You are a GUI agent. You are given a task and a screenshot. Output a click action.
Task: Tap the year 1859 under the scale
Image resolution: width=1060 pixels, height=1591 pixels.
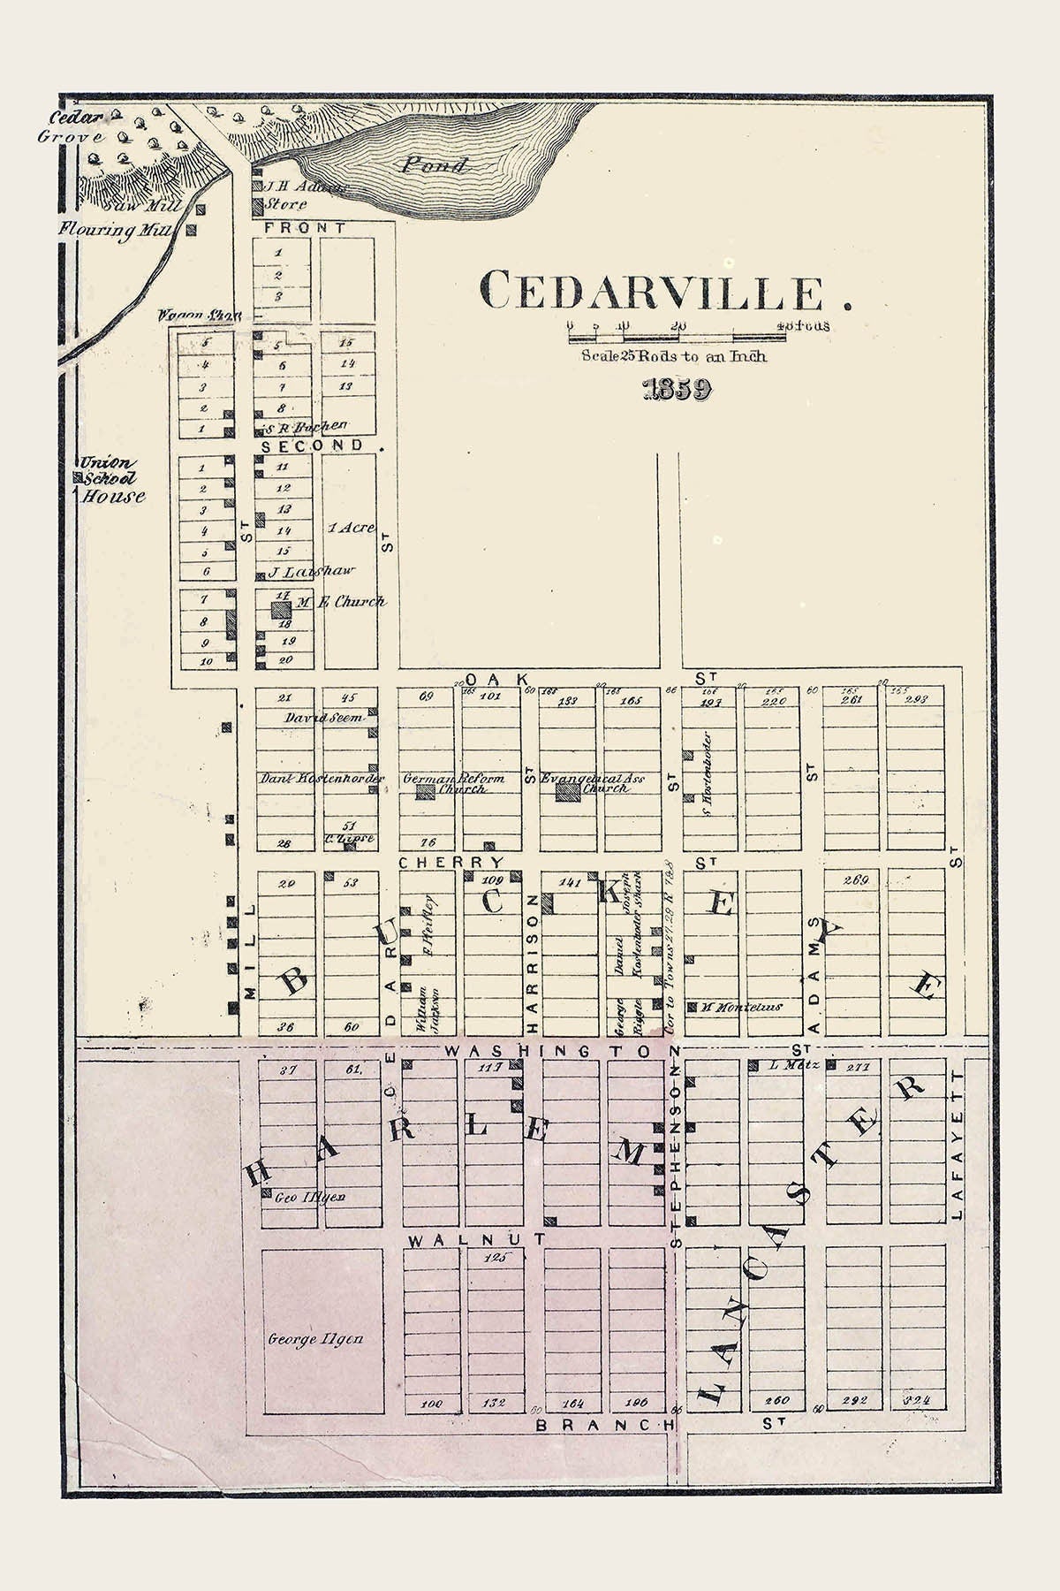[x=678, y=391]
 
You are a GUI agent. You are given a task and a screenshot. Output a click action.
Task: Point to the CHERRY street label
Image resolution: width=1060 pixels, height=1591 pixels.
[x=450, y=862]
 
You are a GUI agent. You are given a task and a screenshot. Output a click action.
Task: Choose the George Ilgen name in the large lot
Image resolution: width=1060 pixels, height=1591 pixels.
[x=315, y=1339]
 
